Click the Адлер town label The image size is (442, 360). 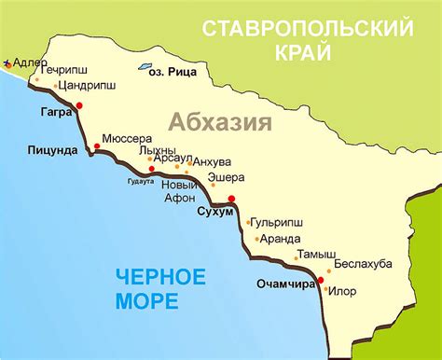pos(25,62)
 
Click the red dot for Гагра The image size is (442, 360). pos(80,105)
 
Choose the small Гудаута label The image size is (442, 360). pos(141,180)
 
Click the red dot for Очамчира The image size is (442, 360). pos(320,280)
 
